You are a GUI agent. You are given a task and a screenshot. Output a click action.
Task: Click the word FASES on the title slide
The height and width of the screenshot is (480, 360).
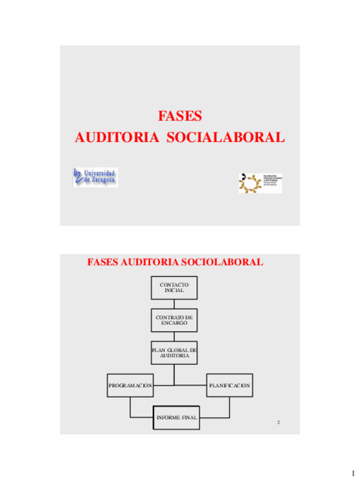tap(179, 116)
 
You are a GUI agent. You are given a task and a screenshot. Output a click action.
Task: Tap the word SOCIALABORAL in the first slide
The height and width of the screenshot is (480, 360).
tap(225, 138)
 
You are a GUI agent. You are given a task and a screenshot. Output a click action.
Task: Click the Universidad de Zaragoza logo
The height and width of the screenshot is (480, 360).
tap(95, 178)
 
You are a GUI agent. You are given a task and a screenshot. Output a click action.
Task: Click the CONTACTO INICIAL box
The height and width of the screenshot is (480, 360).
tap(174, 287)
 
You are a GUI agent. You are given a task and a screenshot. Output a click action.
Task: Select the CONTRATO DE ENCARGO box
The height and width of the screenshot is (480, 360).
tap(174, 320)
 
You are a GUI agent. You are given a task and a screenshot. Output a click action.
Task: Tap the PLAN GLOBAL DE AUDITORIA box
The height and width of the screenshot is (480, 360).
tap(174, 352)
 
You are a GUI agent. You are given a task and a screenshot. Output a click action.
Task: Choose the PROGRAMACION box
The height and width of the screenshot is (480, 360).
tap(130, 385)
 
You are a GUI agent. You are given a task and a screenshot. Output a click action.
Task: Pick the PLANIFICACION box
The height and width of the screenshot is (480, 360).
tap(229, 385)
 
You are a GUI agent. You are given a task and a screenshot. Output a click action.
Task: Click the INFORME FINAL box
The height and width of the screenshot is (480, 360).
tap(176, 418)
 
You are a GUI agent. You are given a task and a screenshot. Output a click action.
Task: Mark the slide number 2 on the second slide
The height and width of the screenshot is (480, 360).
tap(278, 423)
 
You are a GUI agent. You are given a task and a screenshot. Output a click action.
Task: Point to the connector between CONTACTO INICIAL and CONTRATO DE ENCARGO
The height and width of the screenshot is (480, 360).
tap(174, 303)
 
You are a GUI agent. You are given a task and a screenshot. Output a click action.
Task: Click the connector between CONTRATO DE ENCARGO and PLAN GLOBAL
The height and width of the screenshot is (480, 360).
tap(174, 336)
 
